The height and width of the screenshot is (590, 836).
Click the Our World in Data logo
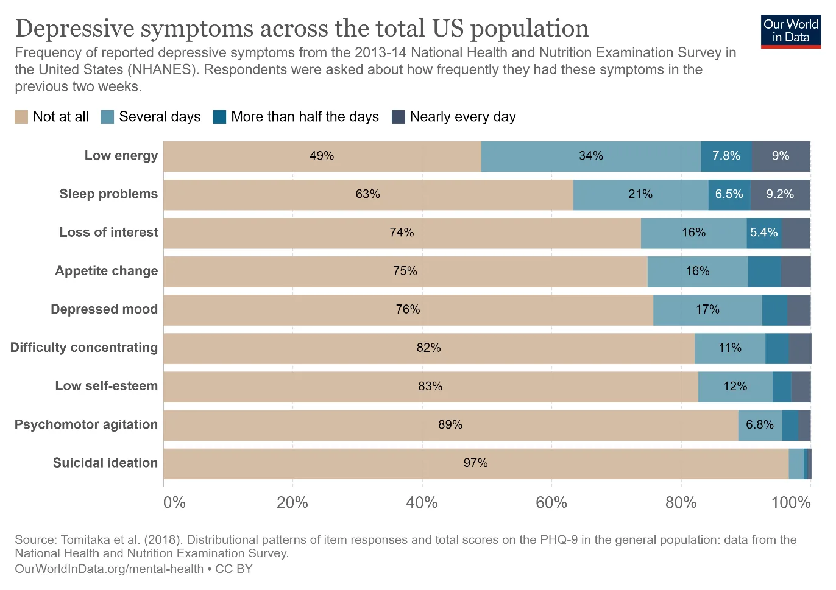click(x=791, y=31)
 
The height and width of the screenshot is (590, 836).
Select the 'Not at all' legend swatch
click(x=21, y=117)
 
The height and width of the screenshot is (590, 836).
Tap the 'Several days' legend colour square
click(x=107, y=117)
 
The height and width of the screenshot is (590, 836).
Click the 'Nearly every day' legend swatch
click(x=399, y=117)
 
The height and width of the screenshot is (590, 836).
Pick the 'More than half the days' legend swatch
click(x=219, y=117)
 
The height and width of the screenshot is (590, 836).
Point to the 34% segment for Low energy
click(x=591, y=156)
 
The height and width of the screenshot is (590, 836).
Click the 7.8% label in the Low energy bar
click(x=726, y=155)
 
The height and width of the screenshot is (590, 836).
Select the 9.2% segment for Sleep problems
click(x=781, y=195)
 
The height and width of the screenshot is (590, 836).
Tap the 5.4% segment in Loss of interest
click(x=764, y=233)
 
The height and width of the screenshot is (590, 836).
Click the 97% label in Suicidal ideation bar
click(x=475, y=463)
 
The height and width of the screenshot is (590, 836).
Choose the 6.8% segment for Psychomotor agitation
click(x=760, y=425)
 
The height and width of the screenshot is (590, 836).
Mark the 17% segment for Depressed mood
click(x=707, y=310)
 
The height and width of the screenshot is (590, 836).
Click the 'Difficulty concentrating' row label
click(x=84, y=348)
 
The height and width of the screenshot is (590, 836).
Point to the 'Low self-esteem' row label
click(x=107, y=385)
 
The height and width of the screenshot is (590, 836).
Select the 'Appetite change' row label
click(x=107, y=271)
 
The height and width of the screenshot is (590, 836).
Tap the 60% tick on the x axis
click(x=551, y=503)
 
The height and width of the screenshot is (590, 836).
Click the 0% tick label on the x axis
click(x=174, y=503)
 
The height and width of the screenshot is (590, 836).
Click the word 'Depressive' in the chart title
click(x=74, y=29)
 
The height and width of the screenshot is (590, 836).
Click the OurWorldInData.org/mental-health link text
click(x=109, y=569)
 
